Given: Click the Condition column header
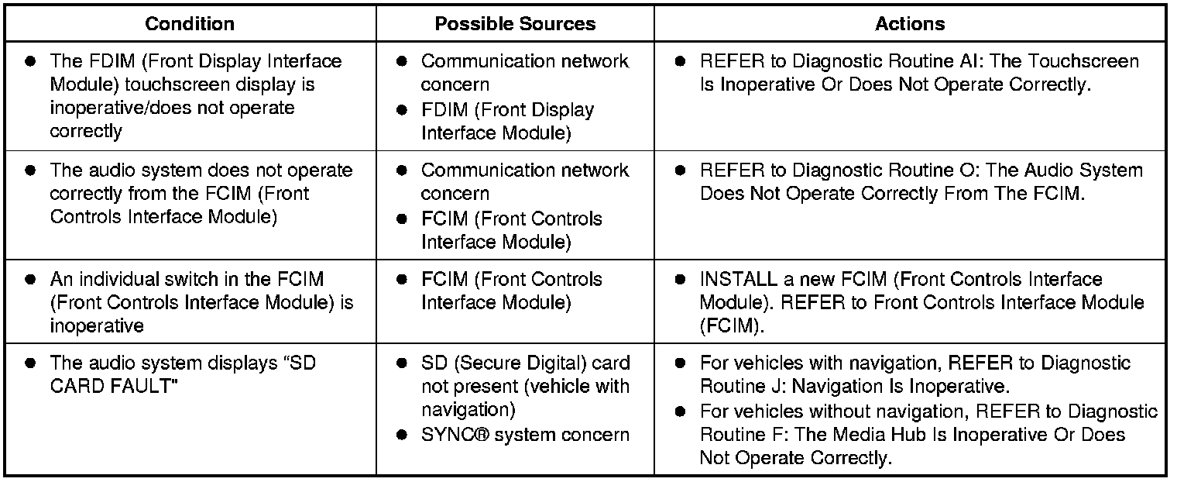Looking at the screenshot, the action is coord(190,24).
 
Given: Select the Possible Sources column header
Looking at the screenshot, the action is coord(515,24).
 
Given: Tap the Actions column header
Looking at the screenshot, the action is coord(910,24).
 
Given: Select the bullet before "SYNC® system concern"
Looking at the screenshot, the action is coord(401,436).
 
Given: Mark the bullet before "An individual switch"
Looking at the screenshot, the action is coord(30,280).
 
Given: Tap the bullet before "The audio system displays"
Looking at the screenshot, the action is coord(30,363).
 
